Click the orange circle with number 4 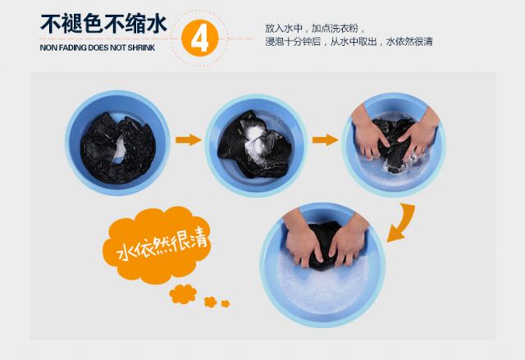(x=200, y=38)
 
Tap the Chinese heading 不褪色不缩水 (x=103, y=24)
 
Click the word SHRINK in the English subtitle (x=141, y=48)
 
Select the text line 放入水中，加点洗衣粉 (x=315, y=28)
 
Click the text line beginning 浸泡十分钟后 (x=349, y=42)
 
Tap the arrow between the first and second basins (x=189, y=139)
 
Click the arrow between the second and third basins (x=326, y=139)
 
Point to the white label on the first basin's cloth (x=119, y=150)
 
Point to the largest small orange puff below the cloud (x=183, y=294)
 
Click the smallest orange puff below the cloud (x=226, y=303)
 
